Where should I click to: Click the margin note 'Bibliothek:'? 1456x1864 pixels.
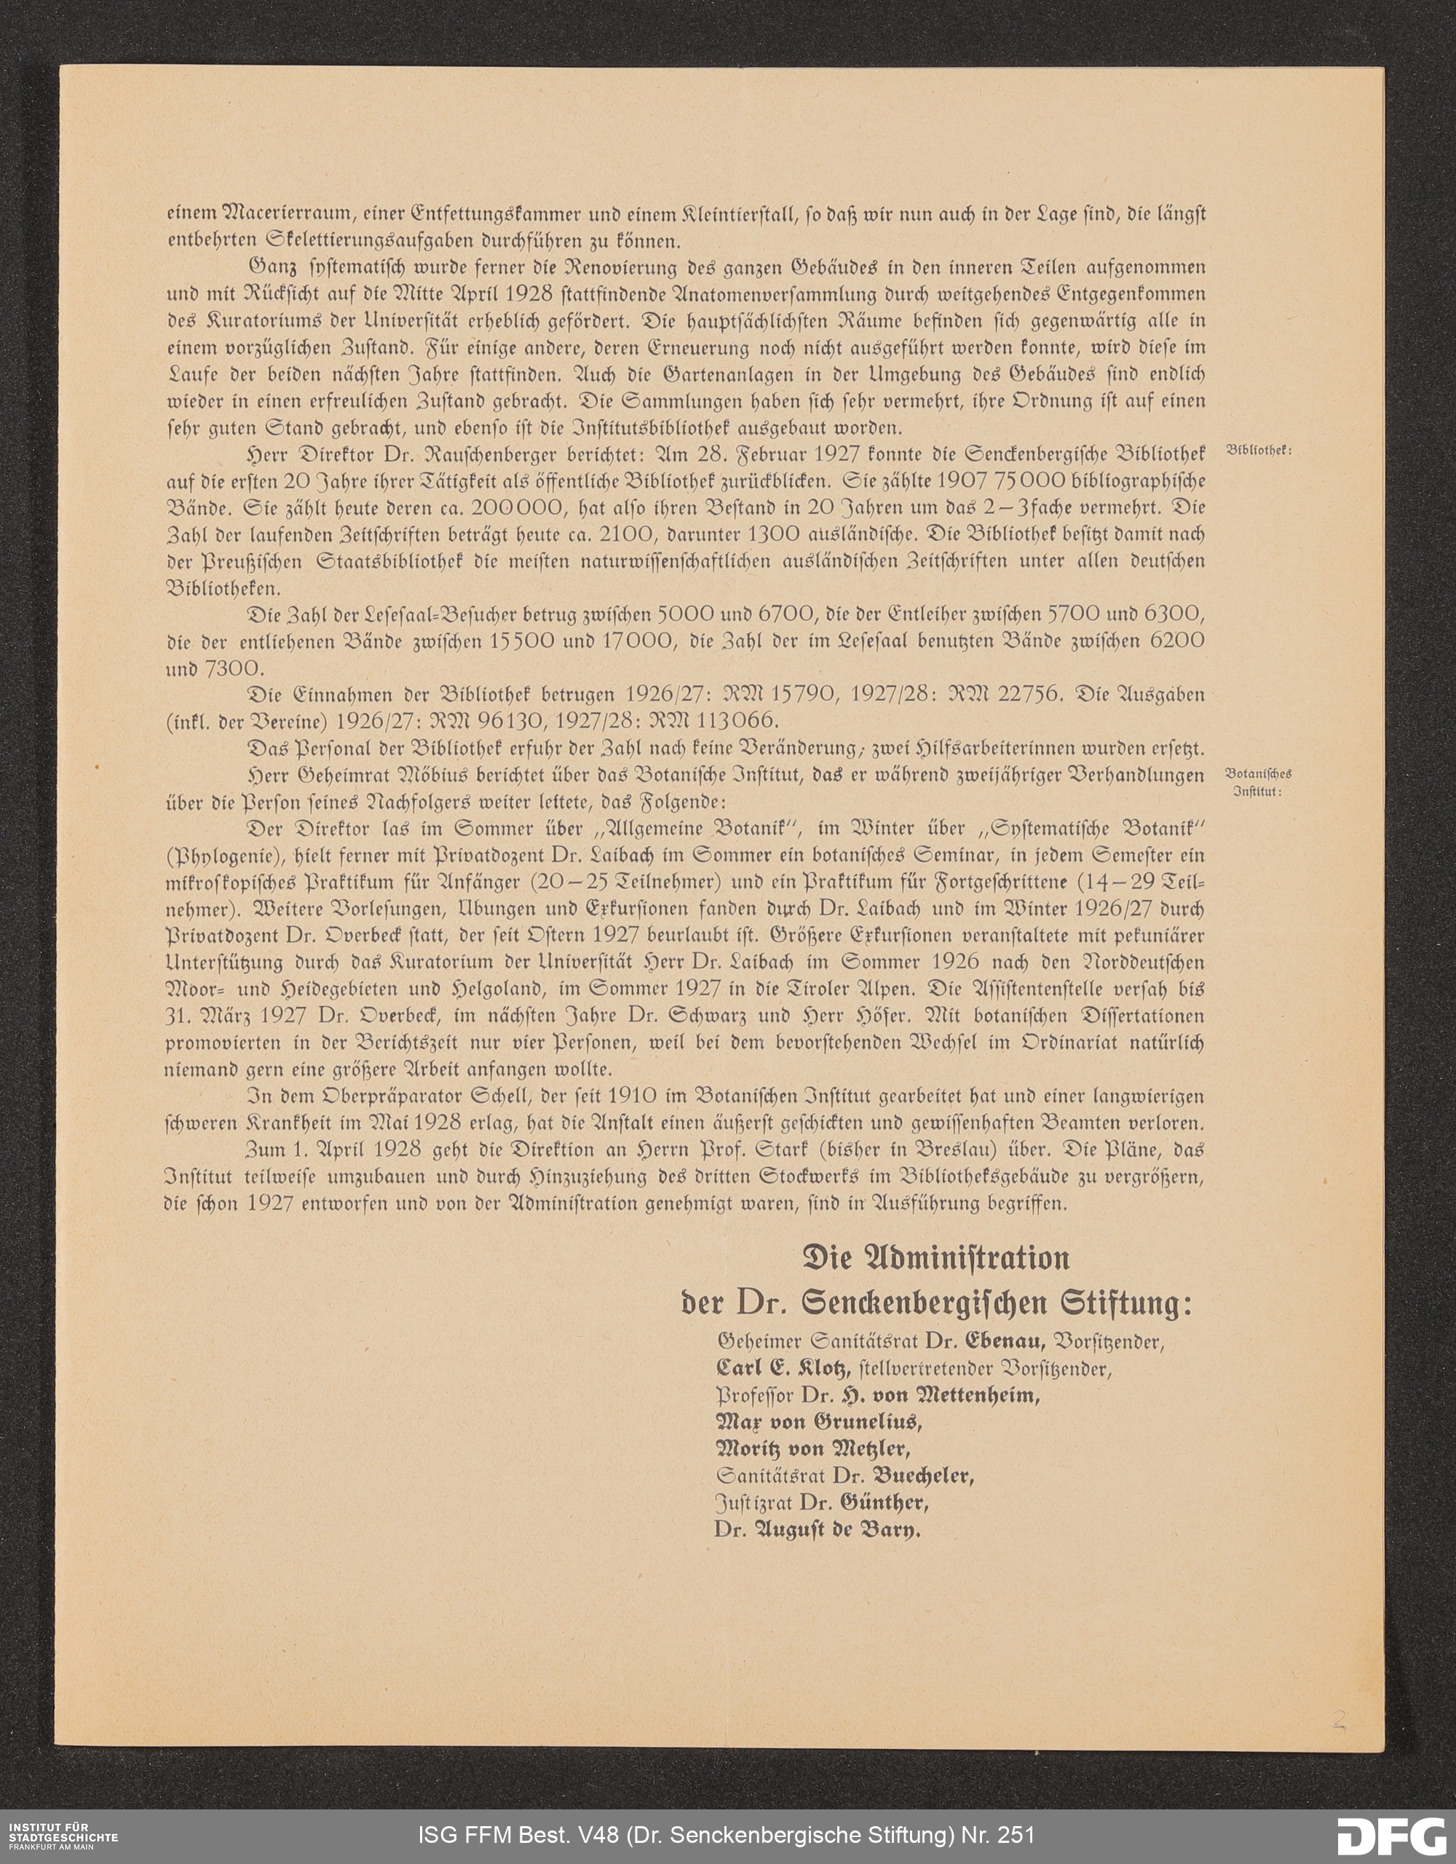pyautogui.click(x=1259, y=451)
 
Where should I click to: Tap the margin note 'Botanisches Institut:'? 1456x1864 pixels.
pyautogui.click(x=1258, y=783)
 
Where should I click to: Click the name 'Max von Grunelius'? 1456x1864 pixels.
pyautogui.click(x=818, y=1422)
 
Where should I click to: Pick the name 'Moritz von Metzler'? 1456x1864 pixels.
pyautogui.click(x=812, y=1448)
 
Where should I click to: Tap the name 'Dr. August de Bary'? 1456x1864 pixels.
pyautogui.click(x=818, y=1530)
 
